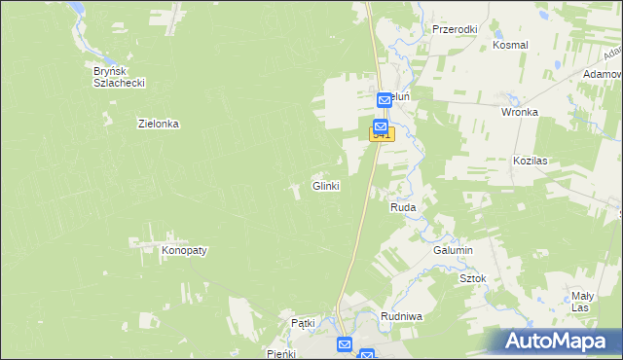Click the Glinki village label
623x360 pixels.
coord(325,186)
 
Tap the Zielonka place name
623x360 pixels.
coord(159,124)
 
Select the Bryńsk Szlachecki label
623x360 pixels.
coord(119,77)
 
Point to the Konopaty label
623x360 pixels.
coord(184,250)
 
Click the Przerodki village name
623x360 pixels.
coord(455,29)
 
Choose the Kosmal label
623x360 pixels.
coord(510,45)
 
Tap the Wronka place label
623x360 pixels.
coord(520,112)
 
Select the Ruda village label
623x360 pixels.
coord(404,207)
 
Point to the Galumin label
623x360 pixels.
coord(453,250)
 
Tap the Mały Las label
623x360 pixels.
coord(582,301)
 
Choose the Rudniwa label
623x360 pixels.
coord(401,316)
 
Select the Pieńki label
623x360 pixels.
coord(280,354)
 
